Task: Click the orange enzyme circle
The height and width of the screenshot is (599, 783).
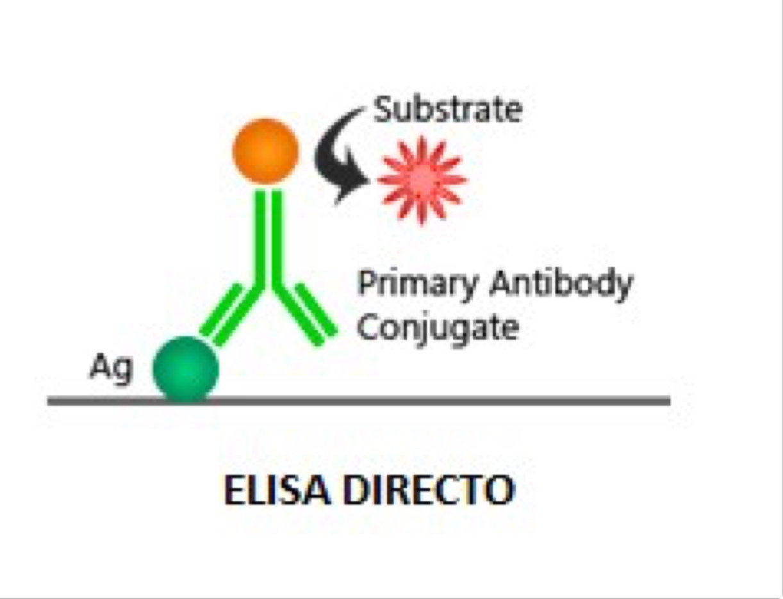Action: pos(265,152)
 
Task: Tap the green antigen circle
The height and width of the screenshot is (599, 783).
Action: pos(186,370)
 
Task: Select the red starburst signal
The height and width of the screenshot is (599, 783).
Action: pos(421,179)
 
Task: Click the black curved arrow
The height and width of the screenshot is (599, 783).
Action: pos(336,154)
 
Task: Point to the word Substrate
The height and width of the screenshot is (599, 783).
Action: pos(448,110)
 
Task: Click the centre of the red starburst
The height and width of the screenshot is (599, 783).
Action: pos(421,179)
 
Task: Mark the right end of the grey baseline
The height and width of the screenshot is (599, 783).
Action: pos(668,401)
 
